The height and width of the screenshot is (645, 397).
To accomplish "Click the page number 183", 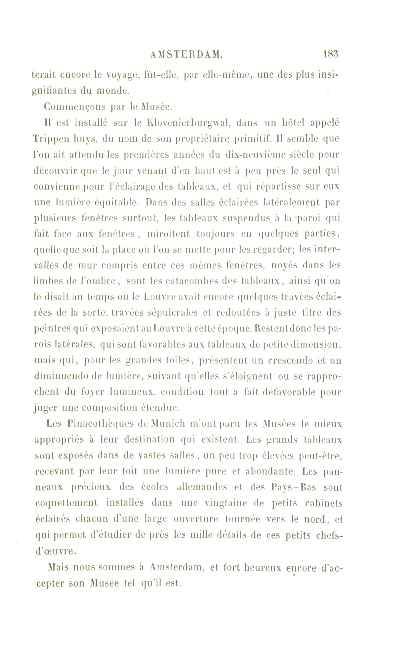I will (331, 54).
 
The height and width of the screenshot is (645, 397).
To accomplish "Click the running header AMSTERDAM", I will (187, 55).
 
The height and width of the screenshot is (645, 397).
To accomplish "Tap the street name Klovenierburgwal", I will (189, 123).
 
